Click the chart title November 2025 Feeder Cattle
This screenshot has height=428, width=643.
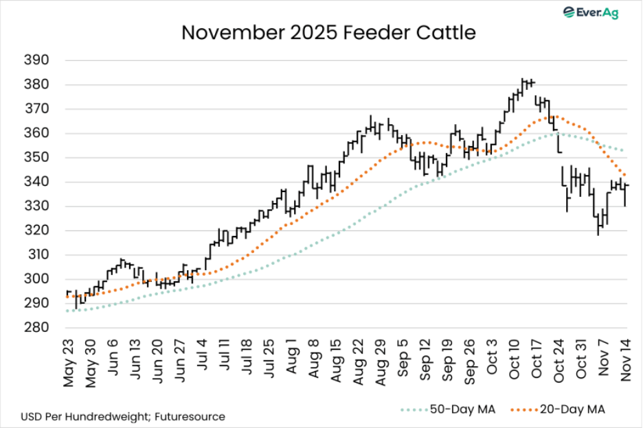pos(328,32)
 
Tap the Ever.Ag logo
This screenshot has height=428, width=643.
pos(590,12)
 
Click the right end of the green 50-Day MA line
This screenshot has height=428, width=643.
pos(622,150)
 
